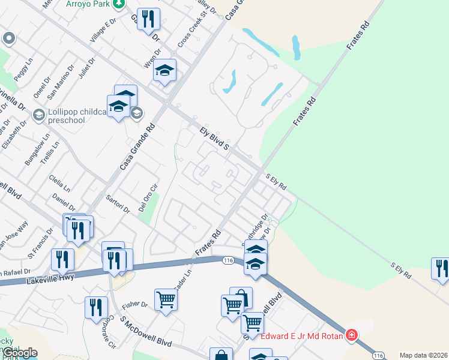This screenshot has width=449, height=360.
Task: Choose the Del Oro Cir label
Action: (150, 192)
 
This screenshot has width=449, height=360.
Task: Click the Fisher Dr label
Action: (134, 305)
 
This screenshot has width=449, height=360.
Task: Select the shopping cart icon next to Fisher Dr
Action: (166, 299)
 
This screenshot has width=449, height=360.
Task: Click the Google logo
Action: (20, 352)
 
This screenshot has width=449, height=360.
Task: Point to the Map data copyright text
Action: (423, 355)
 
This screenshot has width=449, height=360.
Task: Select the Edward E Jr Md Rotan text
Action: (302, 336)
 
